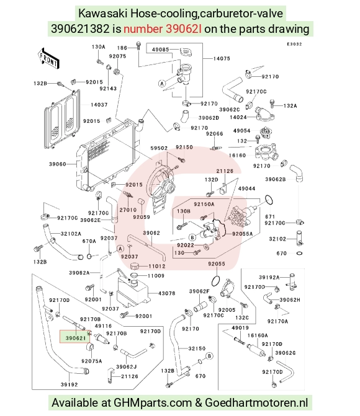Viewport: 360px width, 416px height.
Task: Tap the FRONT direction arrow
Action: (48, 58)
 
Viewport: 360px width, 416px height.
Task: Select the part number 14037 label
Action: (99, 105)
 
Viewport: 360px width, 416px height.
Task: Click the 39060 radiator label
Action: (57, 164)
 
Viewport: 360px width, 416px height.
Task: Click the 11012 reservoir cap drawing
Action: (137, 266)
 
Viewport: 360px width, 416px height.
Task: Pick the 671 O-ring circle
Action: (269, 200)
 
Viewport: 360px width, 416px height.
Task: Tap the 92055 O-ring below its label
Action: (216, 280)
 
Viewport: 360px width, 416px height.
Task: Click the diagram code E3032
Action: (294, 44)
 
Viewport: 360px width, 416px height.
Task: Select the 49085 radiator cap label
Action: (161, 50)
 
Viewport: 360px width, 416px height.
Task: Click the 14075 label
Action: (222, 58)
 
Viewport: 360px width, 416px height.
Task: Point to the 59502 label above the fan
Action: (159, 148)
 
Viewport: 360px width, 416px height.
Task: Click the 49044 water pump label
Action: (246, 188)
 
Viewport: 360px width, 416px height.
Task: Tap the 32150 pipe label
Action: (197, 348)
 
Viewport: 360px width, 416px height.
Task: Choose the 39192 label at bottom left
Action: (69, 384)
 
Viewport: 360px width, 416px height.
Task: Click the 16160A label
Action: (258, 335)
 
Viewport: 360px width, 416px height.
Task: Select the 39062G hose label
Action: (286, 353)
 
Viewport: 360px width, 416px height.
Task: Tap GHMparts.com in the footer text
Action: (153, 403)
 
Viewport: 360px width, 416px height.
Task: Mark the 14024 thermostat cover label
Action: (238, 117)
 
